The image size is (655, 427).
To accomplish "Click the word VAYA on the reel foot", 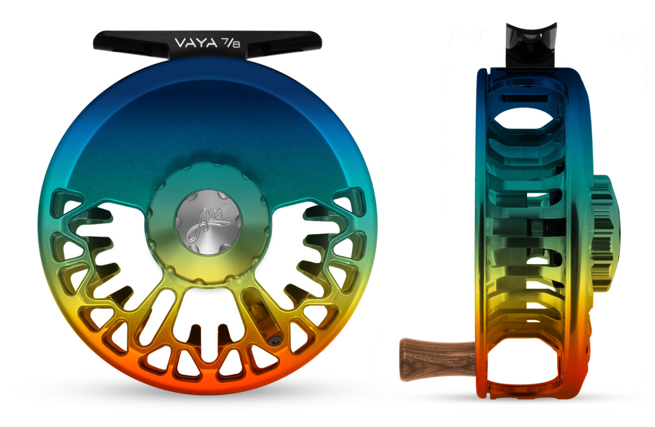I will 196,43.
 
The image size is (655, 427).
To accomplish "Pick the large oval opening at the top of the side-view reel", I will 524,118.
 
